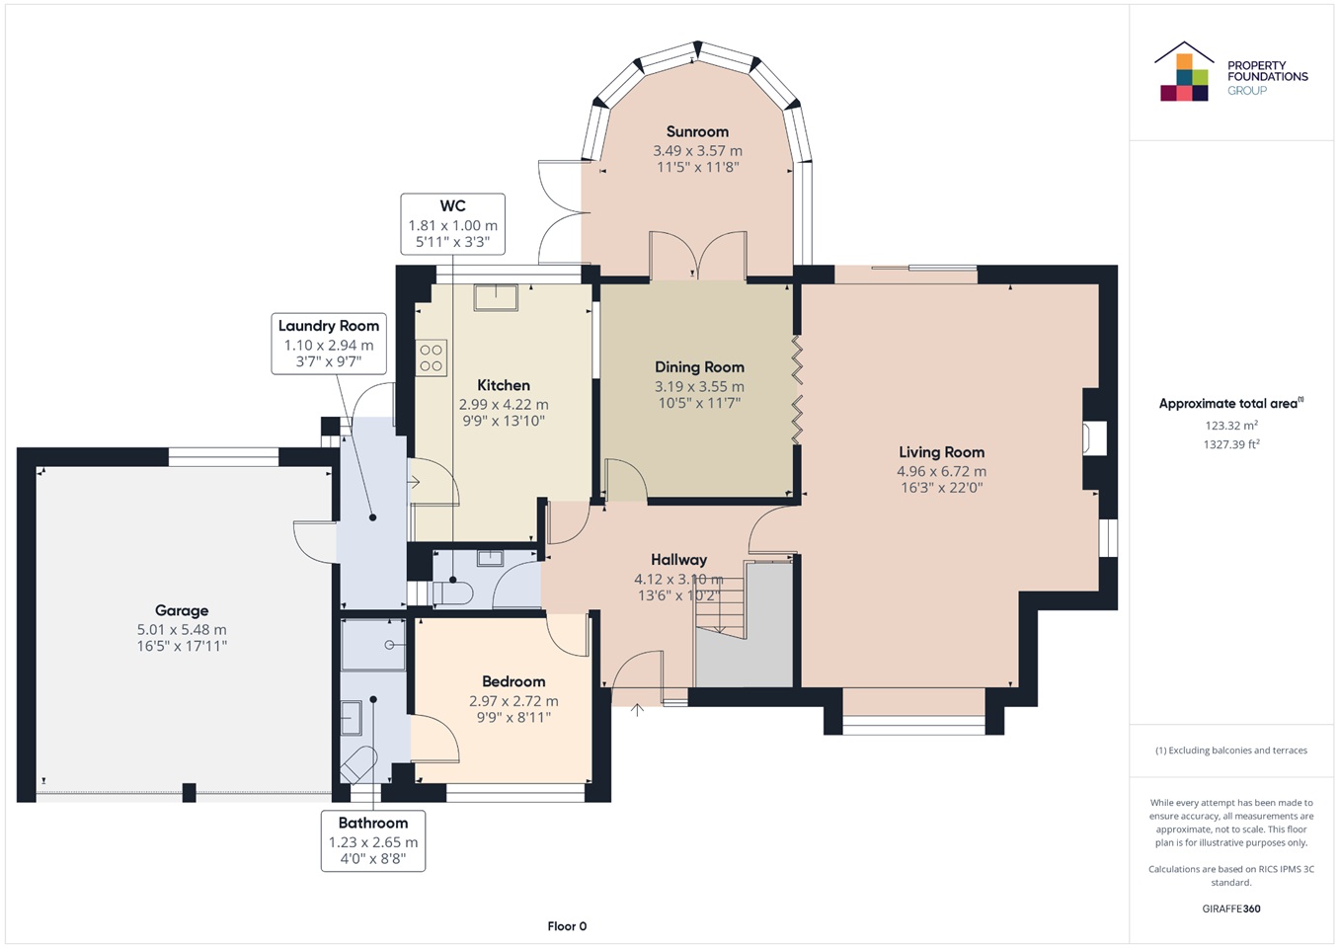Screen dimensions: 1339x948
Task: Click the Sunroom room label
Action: tap(697, 131)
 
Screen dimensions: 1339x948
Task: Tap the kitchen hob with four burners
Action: tap(431, 357)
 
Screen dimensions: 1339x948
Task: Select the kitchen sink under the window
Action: tap(496, 297)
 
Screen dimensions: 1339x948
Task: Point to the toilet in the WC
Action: tap(452, 593)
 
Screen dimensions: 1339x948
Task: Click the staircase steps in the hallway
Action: tap(720, 600)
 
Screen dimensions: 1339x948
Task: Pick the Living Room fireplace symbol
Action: tap(1094, 438)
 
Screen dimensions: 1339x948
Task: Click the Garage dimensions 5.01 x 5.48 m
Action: tap(182, 629)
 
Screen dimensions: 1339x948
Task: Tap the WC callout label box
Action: tap(452, 224)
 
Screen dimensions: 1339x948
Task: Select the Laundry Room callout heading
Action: tap(329, 326)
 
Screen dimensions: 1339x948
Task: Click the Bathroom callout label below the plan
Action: tap(373, 840)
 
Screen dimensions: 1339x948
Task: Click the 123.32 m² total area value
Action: tap(1231, 425)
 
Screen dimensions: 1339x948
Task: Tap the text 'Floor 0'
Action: tap(567, 926)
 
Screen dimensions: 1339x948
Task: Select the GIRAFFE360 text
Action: tap(1231, 908)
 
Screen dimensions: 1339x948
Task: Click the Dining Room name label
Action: tap(699, 367)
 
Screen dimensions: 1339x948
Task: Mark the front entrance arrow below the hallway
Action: tap(637, 709)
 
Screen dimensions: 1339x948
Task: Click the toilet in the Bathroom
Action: tap(358, 765)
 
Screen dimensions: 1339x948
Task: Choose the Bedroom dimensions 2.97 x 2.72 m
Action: tap(513, 700)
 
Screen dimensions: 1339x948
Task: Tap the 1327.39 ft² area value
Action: tap(1231, 444)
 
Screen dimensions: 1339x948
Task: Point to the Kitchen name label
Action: tap(504, 385)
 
